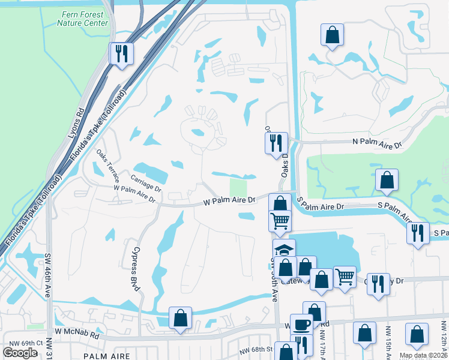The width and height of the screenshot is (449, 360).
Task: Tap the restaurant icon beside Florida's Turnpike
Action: (x=122, y=54)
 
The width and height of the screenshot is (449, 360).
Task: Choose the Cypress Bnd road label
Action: (x=136, y=269)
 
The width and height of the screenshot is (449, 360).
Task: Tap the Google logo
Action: (x=20, y=353)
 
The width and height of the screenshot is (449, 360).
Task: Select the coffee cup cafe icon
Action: (x=301, y=325)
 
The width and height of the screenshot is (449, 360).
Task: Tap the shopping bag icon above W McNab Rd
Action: (x=180, y=319)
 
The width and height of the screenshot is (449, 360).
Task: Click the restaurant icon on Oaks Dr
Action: (x=276, y=143)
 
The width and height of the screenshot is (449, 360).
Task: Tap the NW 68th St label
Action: (x=256, y=349)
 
